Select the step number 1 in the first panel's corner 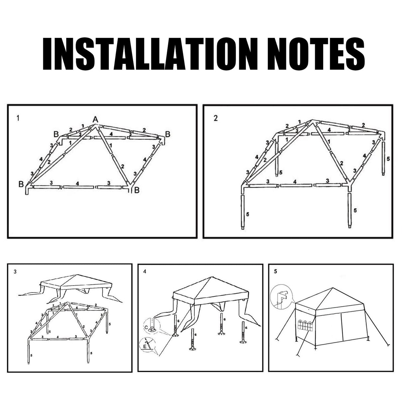tap(17, 118)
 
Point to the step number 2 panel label tap(216, 118)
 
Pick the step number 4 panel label tap(144, 272)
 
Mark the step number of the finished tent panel tap(275, 272)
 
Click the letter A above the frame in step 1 tap(96, 119)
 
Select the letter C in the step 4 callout tap(147, 327)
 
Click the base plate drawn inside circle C tap(153, 329)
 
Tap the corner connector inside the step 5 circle tap(281, 297)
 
